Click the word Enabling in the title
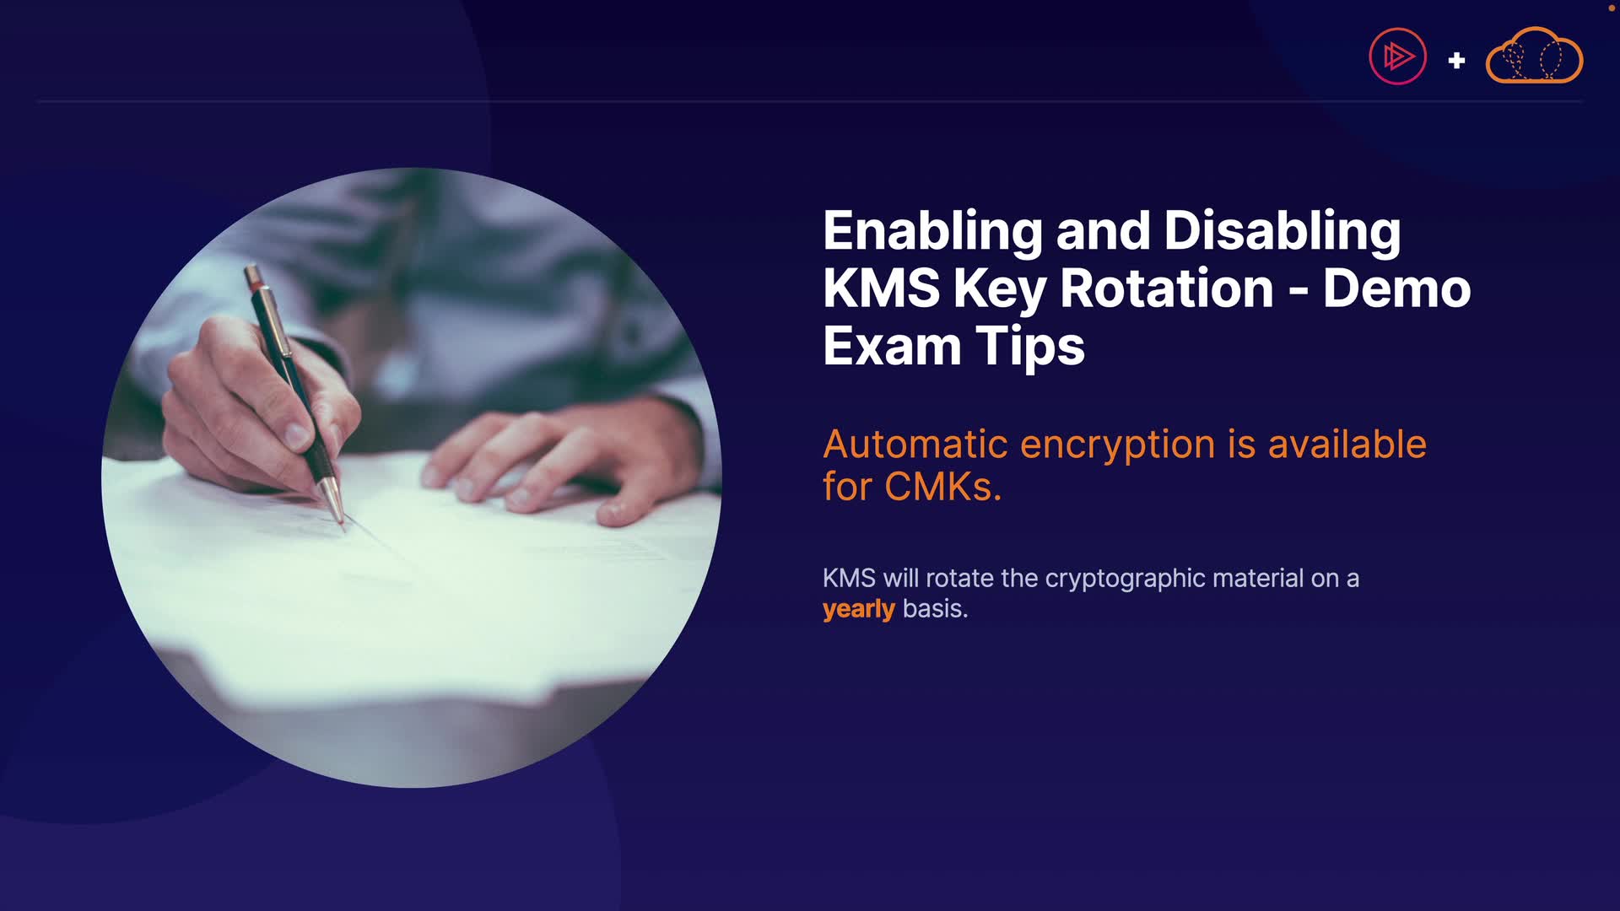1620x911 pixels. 932,232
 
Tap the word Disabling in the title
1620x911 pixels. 1282,232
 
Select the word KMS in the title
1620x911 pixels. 881,288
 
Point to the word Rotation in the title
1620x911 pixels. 1167,288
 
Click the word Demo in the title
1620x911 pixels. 1397,288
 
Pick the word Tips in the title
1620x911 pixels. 1030,347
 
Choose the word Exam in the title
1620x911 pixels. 892,347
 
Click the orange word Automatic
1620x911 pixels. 915,445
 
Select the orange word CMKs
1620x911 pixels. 942,487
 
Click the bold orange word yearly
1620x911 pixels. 859,609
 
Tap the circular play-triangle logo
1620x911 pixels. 1398,57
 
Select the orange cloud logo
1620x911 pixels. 1534,56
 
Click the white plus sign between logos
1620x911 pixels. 1456,61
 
